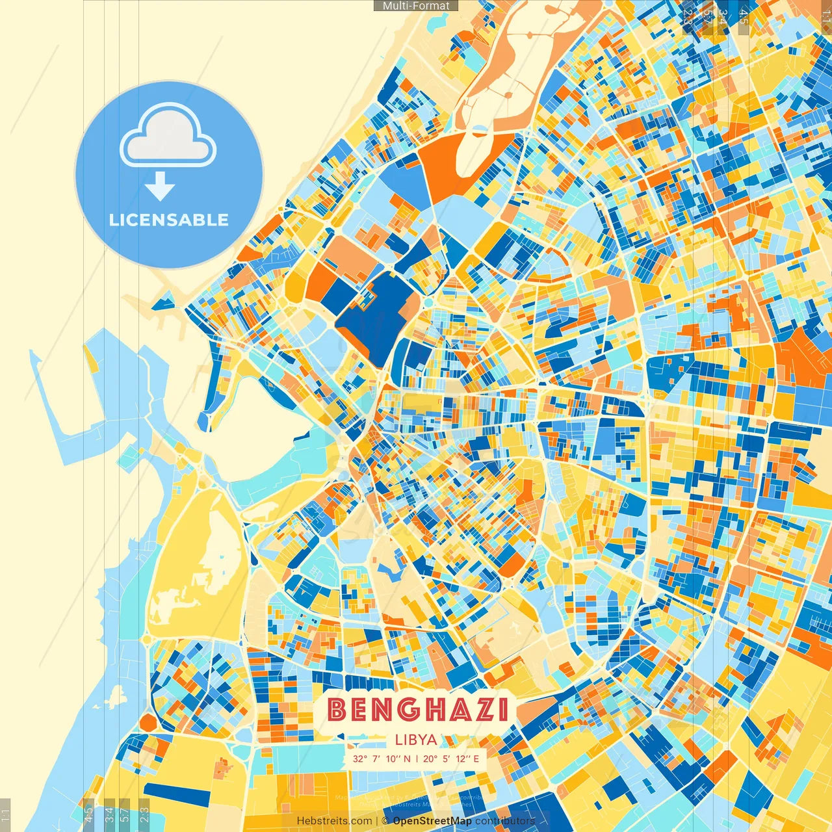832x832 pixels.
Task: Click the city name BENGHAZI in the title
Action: coord(417,709)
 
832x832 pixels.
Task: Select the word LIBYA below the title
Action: coord(416,740)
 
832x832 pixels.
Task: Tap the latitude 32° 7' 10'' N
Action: coord(382,759)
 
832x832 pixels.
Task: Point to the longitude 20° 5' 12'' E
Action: coord(451,759)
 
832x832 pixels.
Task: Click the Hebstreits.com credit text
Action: coord(335,821)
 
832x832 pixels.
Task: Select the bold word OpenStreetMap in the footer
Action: coord(432,821)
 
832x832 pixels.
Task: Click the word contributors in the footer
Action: coord(505,821)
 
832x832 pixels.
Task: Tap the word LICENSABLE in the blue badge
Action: coord(169,220)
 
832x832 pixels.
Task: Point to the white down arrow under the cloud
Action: coord(160,187)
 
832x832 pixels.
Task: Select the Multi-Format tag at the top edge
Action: coord(416,6)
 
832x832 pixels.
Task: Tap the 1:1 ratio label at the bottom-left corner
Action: coord(5,814)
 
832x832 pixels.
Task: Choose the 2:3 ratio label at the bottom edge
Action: coord(144,812)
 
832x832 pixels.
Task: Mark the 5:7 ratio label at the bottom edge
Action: coord(125,812)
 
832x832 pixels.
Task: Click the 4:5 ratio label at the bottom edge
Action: coord(89,812)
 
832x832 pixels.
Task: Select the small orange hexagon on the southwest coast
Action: coord(148,722)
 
